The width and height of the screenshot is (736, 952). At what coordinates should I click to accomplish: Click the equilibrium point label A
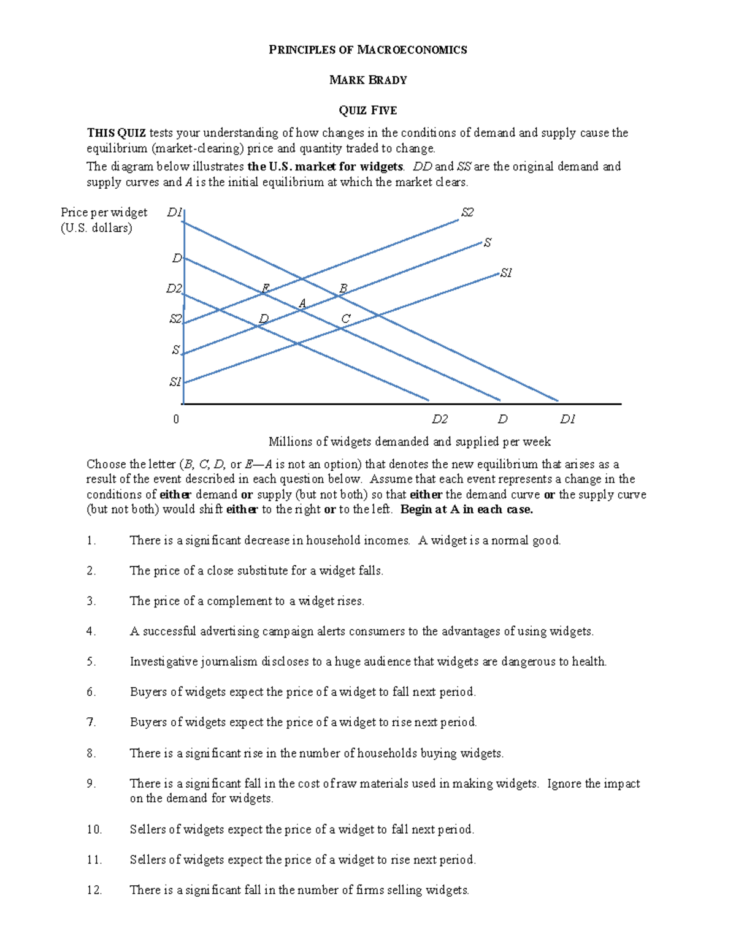(302, 303)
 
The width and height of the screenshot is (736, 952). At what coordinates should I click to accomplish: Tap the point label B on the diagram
(343, 288)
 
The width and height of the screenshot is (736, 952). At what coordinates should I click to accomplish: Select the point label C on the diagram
(345, 319)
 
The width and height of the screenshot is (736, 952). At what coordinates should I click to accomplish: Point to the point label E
(265, 288)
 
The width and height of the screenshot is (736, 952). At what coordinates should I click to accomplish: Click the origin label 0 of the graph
(176, 419)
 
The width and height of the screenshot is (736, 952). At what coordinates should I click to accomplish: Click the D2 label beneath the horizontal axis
(440, 419)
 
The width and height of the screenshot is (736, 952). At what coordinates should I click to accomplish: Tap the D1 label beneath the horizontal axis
(567, 419)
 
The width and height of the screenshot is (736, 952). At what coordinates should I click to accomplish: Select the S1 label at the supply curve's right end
(506, 273)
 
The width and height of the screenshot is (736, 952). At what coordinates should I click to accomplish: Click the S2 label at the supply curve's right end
(467, 213)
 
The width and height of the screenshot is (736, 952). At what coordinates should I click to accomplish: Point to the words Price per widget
(104, 212)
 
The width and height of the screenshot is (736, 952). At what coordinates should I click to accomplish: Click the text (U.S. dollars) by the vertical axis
(96, 228)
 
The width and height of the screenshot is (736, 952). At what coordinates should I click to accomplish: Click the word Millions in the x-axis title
(290, 441)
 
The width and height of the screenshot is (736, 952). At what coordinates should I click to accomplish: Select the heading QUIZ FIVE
(368, 110)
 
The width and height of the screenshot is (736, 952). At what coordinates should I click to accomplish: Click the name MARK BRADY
(368, 80)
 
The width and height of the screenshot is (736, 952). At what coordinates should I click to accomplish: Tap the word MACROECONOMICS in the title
(412, 50)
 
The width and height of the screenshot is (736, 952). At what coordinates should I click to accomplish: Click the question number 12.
(94, 890)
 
